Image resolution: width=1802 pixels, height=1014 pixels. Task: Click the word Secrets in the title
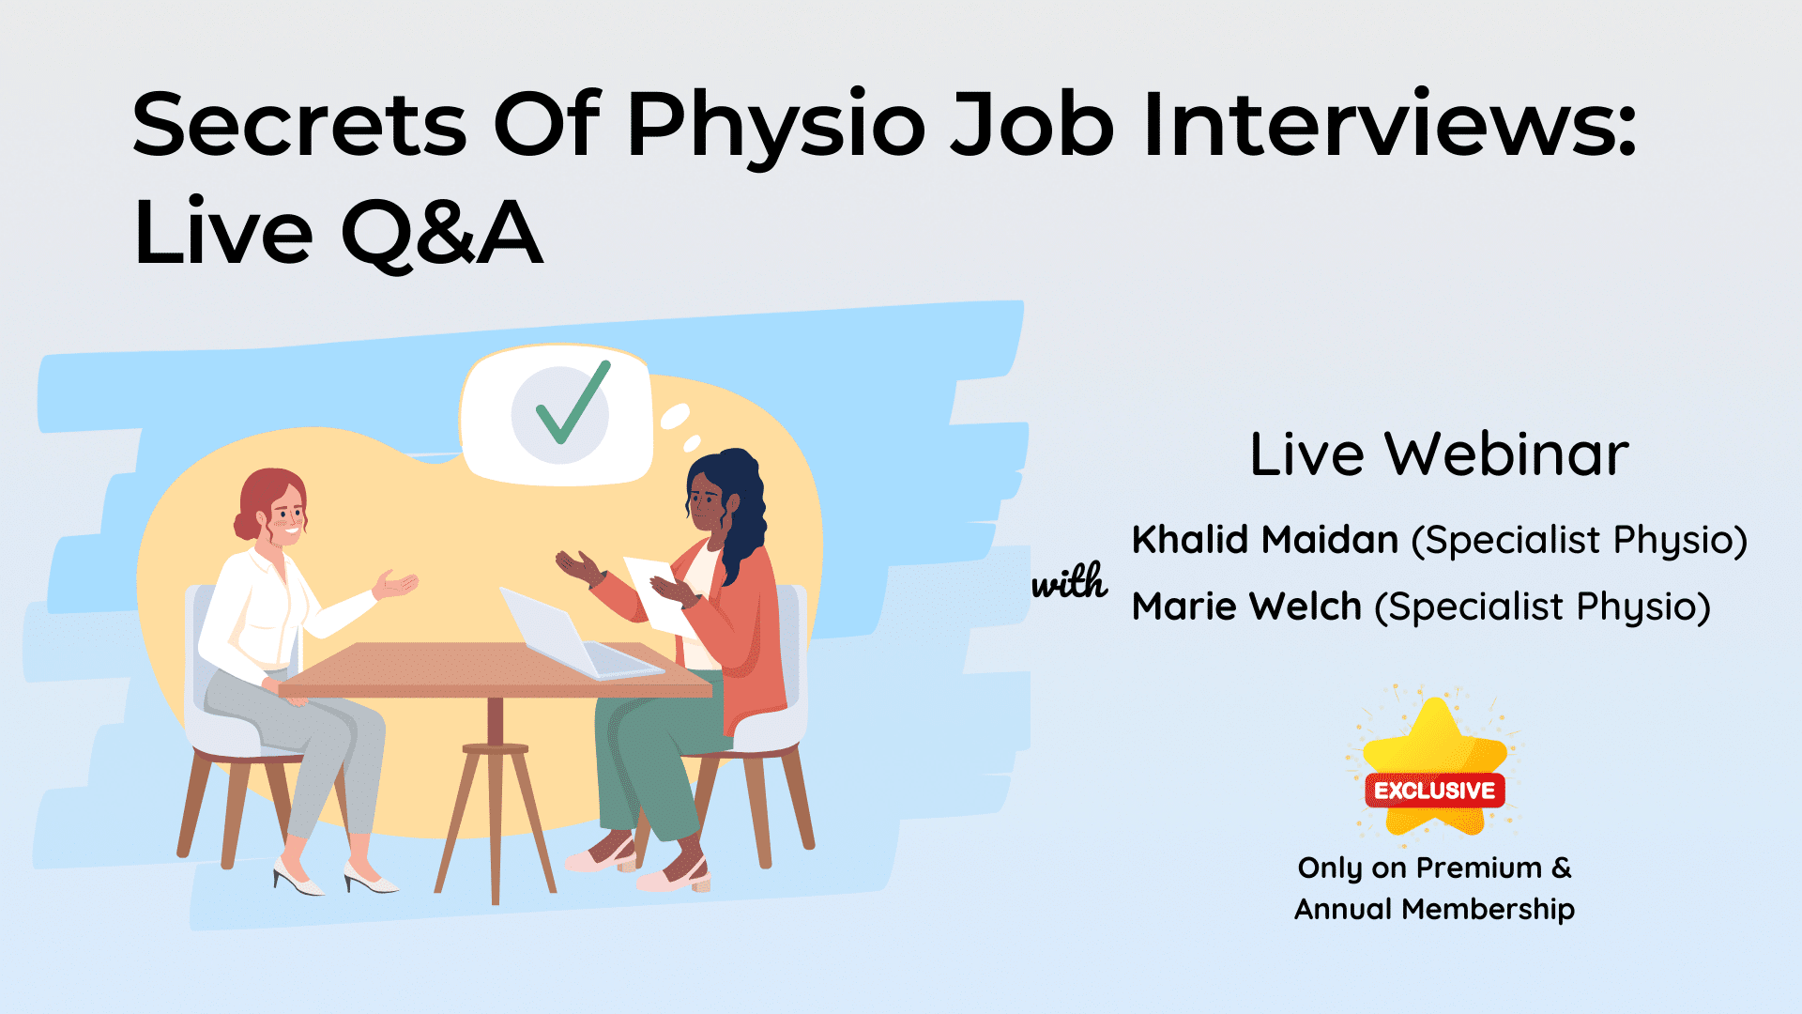click(x=298, y=125)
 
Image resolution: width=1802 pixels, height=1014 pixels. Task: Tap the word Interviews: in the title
click(x=1389, y=125)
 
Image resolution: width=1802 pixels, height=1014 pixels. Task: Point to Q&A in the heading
click(x=441, y=233)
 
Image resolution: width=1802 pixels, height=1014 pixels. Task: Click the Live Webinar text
click(x=1439, y=455)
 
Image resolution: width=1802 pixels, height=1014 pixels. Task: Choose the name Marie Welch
click(x=1246, y=607)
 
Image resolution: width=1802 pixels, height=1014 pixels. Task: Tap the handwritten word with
click(x=1069, y=582)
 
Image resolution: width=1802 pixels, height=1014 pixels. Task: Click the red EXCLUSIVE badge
click(x=1434, y=791)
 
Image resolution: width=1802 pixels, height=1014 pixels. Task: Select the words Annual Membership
click(x=1434, y=909)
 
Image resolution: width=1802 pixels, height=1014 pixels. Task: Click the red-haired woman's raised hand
click(x=396, y=584)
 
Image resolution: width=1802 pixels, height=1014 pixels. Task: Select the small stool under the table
click(x=496, y=807)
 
